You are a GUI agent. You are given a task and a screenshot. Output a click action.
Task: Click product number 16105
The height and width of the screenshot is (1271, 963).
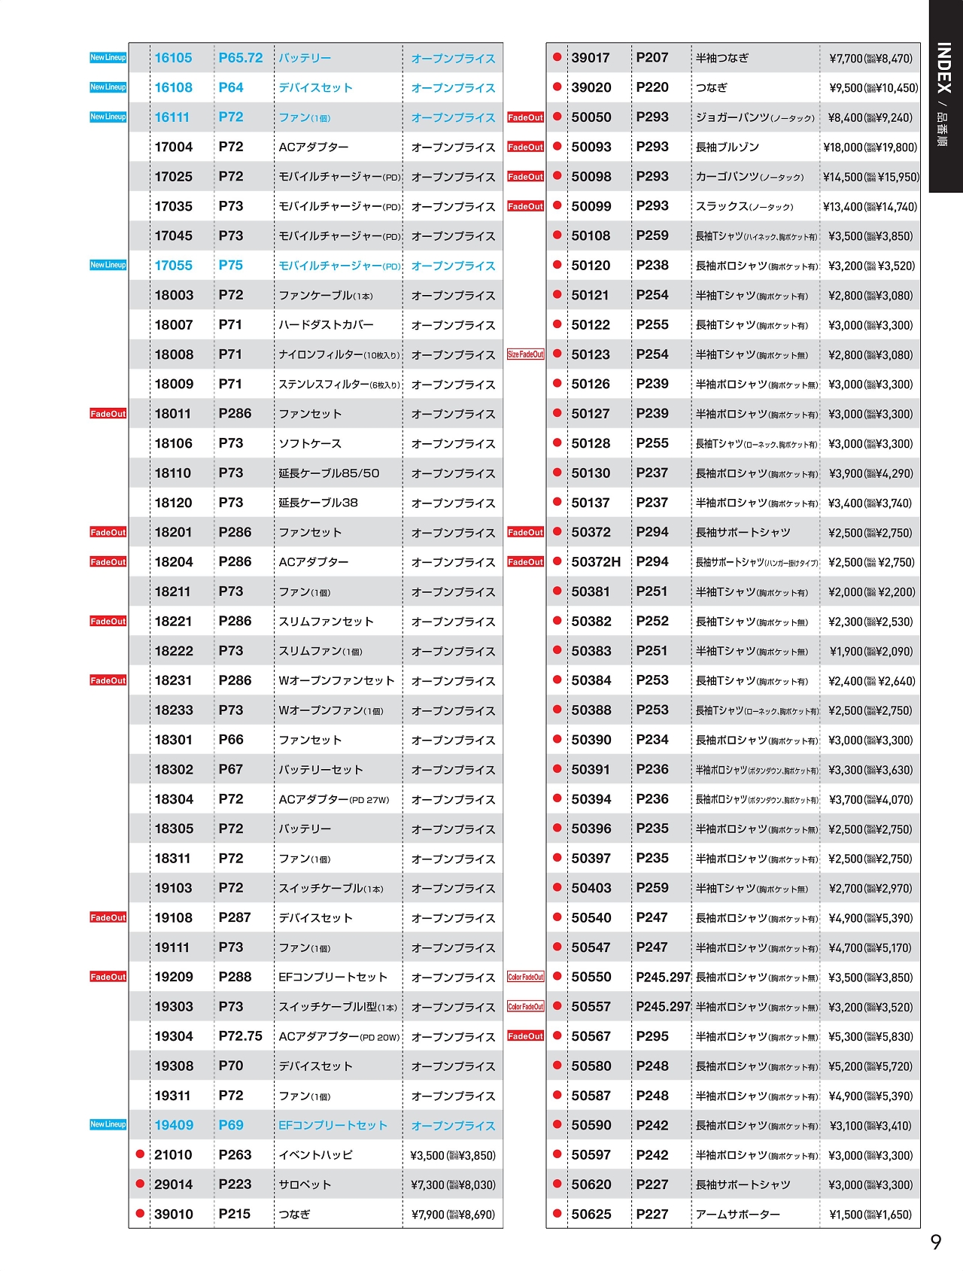point(173,58)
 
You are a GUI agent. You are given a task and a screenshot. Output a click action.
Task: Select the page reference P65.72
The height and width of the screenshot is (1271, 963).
point(241,58)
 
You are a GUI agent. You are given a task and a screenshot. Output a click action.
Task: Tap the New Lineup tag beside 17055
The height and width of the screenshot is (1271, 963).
point(108,265)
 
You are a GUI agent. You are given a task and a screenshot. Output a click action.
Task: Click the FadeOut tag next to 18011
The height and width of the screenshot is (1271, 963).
point(108,413)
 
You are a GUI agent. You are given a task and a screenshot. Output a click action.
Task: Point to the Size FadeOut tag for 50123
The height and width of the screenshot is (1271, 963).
point(525,354)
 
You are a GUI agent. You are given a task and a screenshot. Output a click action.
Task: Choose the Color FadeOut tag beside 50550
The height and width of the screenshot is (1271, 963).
point(525,977)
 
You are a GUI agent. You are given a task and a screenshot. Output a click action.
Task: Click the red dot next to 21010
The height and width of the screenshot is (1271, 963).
point(140,1154)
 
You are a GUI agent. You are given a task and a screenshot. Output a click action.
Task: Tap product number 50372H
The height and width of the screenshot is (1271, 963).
point(596,562)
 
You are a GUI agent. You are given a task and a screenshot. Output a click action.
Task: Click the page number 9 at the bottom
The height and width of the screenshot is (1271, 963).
point(936,1242)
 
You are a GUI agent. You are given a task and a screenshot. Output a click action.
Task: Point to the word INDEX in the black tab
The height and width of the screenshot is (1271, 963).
point(944,68)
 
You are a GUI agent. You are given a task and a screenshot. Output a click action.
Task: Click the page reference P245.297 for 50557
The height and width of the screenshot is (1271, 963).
point(663,1007)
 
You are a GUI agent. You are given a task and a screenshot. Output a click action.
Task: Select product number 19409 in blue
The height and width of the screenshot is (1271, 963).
point(174,1125)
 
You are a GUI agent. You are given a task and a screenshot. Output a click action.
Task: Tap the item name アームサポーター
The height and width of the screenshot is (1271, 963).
point(737,1215)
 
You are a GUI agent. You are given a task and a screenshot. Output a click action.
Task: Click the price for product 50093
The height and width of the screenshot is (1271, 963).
point(870,147)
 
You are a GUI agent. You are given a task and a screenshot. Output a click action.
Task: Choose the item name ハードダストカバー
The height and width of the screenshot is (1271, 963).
point(326,325)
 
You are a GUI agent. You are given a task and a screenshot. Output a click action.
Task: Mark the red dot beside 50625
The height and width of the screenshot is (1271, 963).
point(557,1214)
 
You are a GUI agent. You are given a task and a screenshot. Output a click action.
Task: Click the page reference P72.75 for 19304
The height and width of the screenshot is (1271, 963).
point(241,1036)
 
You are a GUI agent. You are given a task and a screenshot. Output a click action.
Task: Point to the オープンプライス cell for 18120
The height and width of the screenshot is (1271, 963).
point(453,503)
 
